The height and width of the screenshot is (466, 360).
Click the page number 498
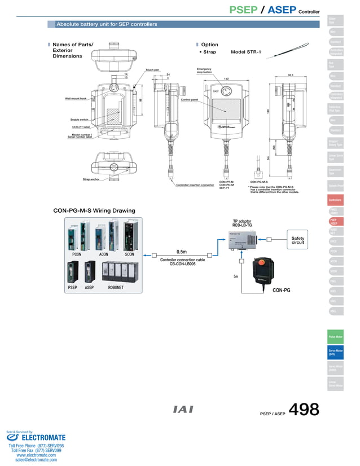(304, 410)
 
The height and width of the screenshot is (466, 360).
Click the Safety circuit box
(297, 240)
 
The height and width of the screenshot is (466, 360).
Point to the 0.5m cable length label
(181, 252)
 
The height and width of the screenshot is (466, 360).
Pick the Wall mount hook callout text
(76, 98)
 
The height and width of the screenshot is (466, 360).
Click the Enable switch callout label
(80, 120)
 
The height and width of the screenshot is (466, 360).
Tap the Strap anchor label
(91, 179)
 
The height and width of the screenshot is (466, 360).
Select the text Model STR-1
(245, 52)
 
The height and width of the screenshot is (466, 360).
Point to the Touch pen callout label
(152, 70)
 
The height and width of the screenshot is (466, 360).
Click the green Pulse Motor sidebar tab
(335, 337)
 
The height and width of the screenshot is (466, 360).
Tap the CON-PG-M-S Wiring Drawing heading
(94, 210)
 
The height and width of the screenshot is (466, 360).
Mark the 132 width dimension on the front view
(226, 79)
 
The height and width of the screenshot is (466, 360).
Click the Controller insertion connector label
(195, 184)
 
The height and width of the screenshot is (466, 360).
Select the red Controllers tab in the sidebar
(335, 200)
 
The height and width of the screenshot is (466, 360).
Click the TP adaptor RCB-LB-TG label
(242, 223)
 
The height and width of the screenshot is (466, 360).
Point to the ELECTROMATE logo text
(43, 438)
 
